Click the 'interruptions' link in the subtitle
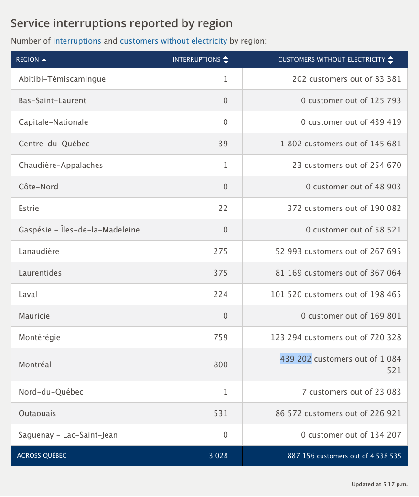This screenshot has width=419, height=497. pyautogui.click(x=77, y=41)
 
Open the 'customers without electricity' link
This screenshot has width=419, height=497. pyautogui.click(x=173, y=41)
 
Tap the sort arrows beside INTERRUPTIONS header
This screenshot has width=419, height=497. pyautogui.click(x=226, y=60)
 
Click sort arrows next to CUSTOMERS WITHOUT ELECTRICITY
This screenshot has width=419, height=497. pyautogui.click(x=391, y=60)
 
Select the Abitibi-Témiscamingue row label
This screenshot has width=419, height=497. pyautogui.click(x=62, y=79)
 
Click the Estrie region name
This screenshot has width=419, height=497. pyautogui.click(x=29, y=208)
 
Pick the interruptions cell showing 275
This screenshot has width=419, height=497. pyautogui.click(x=221, y=251)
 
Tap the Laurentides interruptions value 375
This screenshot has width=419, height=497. pyautogui.click(x=221, y=273)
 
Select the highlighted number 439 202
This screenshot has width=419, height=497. pyautogui.click(x=296, y=359)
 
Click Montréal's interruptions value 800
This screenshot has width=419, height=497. pyautogui.click(x=221, y=364)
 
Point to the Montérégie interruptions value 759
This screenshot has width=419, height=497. pyautogui.click(x=221, y=337)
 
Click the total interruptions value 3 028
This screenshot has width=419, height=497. pyautogui.click(x=218, y=456)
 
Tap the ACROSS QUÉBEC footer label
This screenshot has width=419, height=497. pyautogui.click(x=42, y=456)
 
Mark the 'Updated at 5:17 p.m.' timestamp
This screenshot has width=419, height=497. pyautogui.click(x=379, y=484)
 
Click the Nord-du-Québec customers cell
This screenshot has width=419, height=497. pyautogui.click(x=351, y=392)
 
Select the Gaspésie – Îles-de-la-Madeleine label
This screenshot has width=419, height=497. pyautogui.click(x=79, y=230)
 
